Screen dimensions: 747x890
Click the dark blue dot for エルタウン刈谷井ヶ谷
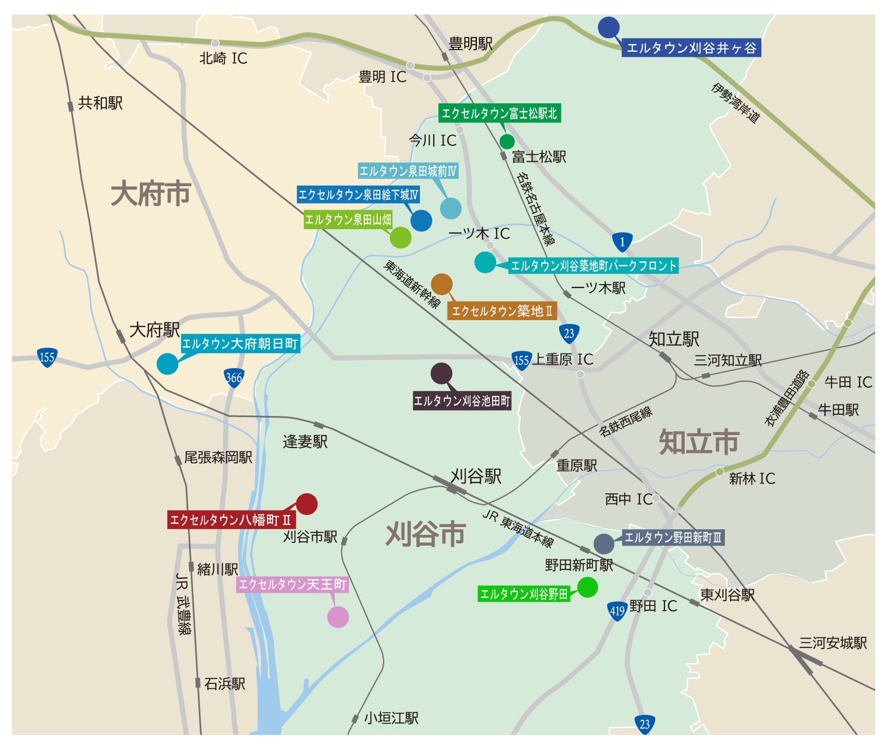pos(608,27)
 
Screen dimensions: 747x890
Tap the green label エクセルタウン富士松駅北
pos(499,113)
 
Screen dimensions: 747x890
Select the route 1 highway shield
pos(622,242)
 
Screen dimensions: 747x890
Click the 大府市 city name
pos(151,194)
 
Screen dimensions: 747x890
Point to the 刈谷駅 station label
pos(476,476)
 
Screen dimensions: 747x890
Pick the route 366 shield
pos(234,377)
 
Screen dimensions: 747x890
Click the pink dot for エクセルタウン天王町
pos(338,617)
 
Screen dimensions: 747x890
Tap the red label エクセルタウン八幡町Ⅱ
pos(231,520)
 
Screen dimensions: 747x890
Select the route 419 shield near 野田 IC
pos(617,611)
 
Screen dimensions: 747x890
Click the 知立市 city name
pos(699,442)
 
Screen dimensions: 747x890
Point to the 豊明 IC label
pos(383,77)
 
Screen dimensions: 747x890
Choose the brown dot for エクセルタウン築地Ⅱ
pos(441,284)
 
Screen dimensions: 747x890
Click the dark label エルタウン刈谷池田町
pos(462,401)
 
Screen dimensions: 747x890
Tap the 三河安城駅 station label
pos(833,643)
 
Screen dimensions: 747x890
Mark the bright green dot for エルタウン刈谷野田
pos(587,587)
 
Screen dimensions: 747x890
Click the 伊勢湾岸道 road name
pos(735,103)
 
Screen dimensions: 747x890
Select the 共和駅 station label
pos(100,103)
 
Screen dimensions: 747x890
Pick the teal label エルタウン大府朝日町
pos(240,344)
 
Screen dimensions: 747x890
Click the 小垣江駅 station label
pos(391,718)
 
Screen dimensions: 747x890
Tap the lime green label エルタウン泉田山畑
pos(348,219)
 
